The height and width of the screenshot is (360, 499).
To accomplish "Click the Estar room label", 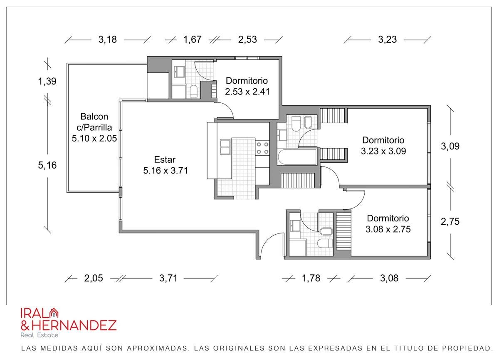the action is [165, 159].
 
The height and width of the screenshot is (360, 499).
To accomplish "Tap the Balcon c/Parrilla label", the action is [94, 122].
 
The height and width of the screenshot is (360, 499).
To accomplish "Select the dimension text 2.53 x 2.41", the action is [247, 92].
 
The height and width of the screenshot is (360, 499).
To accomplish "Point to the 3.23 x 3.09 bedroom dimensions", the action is [383, 151].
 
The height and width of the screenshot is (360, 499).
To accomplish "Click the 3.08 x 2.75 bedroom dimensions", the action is [388, 229].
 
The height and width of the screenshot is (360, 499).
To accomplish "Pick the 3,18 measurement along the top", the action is [108, 40].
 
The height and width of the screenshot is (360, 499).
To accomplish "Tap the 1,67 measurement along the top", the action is [192, 40].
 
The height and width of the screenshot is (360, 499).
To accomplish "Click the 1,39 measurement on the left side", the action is [47, 81].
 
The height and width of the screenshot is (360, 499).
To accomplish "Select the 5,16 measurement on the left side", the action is [47, 165].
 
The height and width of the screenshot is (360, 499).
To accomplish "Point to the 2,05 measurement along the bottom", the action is [93, 278].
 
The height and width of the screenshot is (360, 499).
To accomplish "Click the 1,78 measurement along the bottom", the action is [311, 278].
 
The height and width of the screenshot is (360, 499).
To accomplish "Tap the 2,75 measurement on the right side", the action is [450, 221].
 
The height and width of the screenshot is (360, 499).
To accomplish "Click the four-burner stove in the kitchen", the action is [262, 148].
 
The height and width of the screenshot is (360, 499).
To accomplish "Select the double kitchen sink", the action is [225, 147].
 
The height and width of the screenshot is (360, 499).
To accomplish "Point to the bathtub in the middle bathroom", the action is [297, 157].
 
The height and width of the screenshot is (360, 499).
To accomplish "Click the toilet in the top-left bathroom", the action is [193, 91].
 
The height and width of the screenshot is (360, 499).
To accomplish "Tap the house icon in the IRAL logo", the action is [54, 313].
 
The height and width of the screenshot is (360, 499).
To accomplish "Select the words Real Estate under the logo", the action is [39, 335].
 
